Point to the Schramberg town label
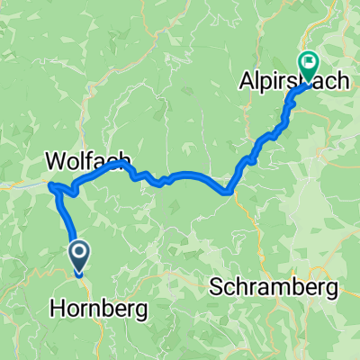274,288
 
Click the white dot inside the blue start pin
78,252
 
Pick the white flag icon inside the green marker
309,63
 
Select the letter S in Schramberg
216,288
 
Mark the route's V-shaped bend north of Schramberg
229,190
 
